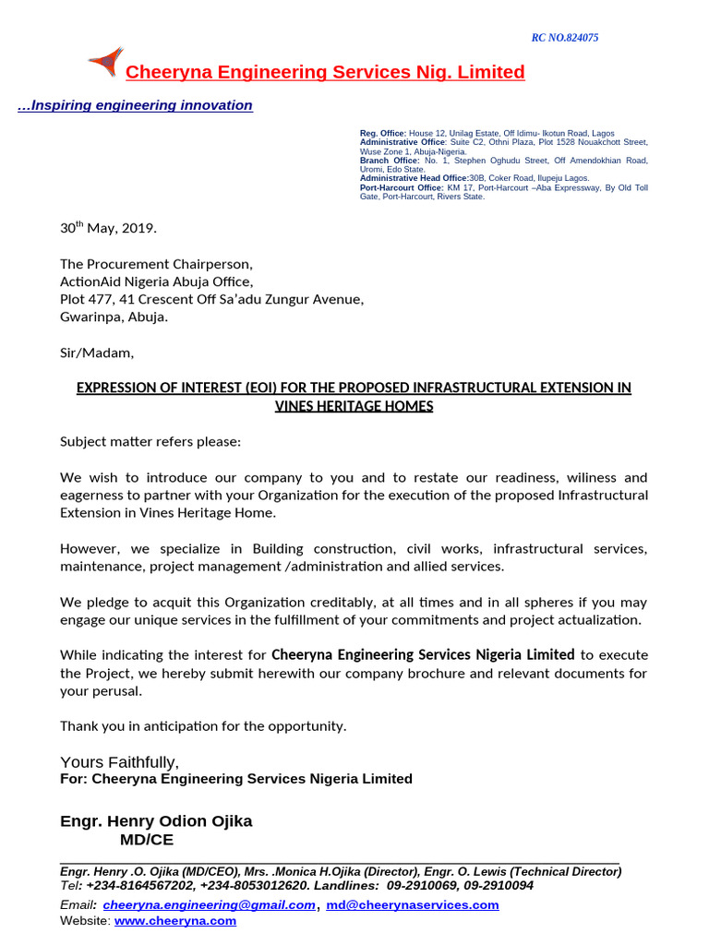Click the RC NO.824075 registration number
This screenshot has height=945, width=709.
565,38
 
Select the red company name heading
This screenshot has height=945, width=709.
325,73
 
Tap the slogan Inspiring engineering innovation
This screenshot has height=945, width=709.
136,105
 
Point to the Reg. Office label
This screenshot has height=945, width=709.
382,134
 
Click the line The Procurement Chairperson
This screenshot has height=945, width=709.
156,264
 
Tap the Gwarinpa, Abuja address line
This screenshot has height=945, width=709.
114,317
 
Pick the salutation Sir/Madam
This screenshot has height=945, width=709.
97,352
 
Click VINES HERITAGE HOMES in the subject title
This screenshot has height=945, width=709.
354,406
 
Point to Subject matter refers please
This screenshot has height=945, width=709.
150,441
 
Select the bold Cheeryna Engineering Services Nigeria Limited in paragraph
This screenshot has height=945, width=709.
423,654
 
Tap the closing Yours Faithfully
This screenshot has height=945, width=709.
120,761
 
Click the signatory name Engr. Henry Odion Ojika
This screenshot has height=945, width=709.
156,820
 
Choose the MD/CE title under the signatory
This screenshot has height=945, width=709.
146,840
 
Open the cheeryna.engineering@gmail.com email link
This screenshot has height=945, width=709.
209,905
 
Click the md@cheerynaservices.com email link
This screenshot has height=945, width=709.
413,905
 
